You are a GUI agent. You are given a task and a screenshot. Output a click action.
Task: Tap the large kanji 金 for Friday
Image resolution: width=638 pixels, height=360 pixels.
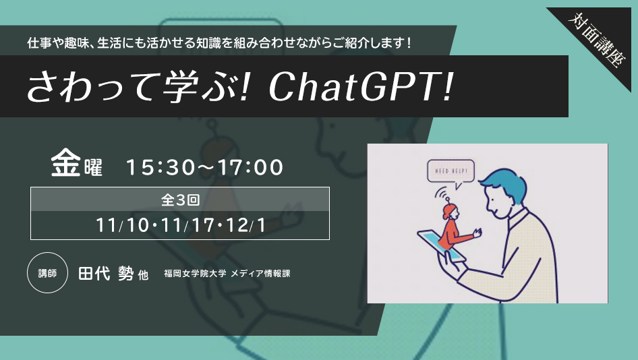click(x=65, y=162)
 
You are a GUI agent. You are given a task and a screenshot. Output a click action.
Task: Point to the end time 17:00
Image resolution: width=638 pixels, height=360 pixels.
click(x=250, y=167)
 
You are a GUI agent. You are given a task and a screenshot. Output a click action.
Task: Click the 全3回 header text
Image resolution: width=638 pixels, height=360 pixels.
click(x=180, y=200)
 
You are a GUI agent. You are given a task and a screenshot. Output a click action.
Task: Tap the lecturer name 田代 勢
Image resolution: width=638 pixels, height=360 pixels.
click(x=106, y=273)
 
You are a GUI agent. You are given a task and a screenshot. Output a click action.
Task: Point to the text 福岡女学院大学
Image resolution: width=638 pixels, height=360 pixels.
click(x=195, y=273)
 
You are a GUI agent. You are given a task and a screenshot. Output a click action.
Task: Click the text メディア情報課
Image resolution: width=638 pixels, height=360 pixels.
click(x=260, y=273)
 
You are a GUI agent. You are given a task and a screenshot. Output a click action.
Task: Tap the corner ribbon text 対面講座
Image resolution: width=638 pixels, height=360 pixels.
click(x=596, y=40)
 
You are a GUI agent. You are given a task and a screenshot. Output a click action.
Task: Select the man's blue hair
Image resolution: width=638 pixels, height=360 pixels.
click(x=504, y=187)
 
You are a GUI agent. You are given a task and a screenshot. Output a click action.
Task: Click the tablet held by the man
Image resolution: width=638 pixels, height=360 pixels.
click(x=442, y=245)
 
